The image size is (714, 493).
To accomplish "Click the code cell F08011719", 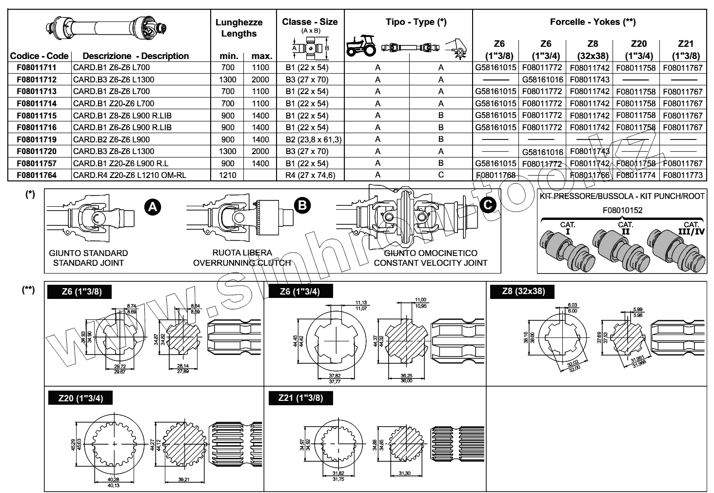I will (x=37, y=139).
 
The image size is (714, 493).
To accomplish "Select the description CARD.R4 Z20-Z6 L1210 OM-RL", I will (x=129, y=175).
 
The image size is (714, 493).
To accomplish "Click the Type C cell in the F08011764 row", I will (x=441, y=175).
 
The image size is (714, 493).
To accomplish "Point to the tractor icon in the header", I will (x=361, y=46).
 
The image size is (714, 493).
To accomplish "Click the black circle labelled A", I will (x=153, y=207).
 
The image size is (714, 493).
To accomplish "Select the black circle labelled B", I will (x=302, y=205).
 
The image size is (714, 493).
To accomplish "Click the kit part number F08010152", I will (x=622, y=211).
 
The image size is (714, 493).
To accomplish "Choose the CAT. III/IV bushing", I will (x=678, y=249).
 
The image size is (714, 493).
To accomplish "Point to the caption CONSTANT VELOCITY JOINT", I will (x=431, y=263).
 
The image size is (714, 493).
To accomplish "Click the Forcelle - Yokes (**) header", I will (x=593, y=21).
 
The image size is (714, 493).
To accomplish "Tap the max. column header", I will (x=261, y=56).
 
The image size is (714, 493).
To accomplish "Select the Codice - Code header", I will (x=39, y=56).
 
